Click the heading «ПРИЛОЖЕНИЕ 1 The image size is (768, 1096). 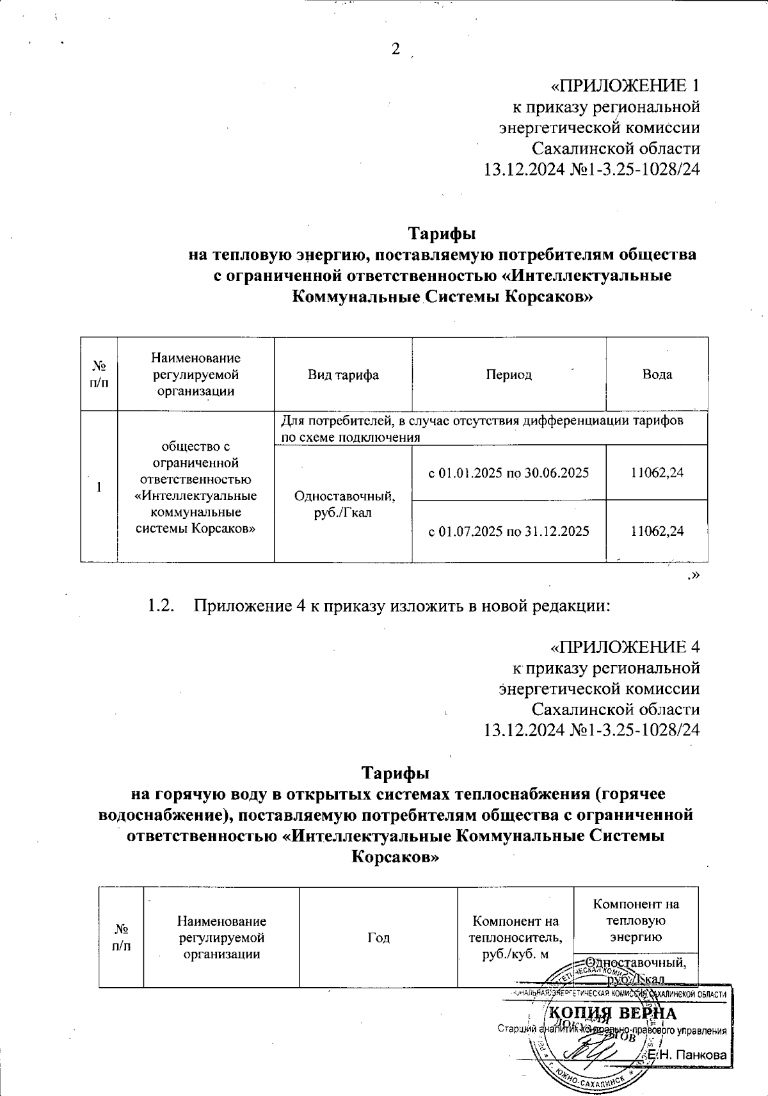[625, 86]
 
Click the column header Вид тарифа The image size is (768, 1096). [343, 375]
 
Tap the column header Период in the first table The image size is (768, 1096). [509, 375]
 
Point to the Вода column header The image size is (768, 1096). [657, 375]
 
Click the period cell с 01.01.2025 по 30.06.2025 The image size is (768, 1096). [508, 473]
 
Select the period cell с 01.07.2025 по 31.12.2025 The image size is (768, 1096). [508, 531]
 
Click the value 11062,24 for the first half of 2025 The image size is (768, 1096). [657, 473]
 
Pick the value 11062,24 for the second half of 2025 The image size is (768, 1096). [657, 531]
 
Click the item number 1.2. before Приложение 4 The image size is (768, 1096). [161, 606]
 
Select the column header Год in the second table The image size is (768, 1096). [378, 937]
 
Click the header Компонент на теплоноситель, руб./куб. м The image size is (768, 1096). [516, 937]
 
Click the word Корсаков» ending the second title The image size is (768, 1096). [396, 857]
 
